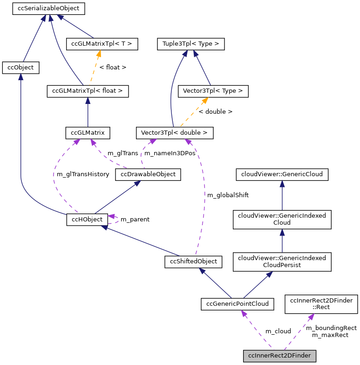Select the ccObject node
click(x=20, y=68)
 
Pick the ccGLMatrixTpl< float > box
click(x=88, y=91)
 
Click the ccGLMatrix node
click(x=88, y=133)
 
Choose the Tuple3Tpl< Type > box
click(x=191, y=44)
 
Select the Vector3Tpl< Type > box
click(x=213, y=91)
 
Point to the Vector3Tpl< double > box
click(x=174, y=133)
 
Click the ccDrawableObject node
click(x=148, y=174)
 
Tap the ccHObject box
click(x=87, y=219)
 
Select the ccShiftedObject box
click(x=193, y=262)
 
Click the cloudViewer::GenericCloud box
click(x=282, y=175)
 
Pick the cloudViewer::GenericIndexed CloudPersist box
click(x=282, y=262)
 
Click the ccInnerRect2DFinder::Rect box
click(x=321, y=304)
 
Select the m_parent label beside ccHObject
click(x=135, y=219)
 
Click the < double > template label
click(x=215, y=112)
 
